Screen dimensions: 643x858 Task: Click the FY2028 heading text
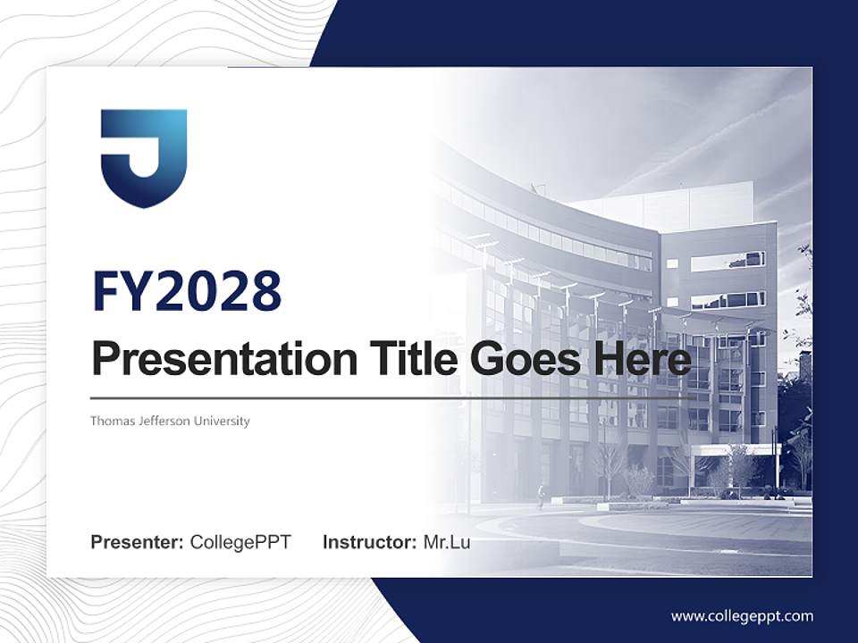[x=187, y=291]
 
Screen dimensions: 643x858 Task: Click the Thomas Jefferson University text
[x=170, y=421]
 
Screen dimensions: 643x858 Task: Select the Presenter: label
[x=138, y=542]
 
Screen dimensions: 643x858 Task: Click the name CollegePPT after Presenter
[x=240, y=542]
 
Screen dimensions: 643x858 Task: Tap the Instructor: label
[x=369, y=542]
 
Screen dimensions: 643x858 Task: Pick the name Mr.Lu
[x=447, y=542]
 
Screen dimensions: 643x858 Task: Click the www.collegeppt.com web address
[x=742, y=616]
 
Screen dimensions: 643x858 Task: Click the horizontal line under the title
[x=393, y=397]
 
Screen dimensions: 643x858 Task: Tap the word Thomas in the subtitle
[x=108, y=421]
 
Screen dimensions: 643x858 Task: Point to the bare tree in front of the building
[x=610, y=464]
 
